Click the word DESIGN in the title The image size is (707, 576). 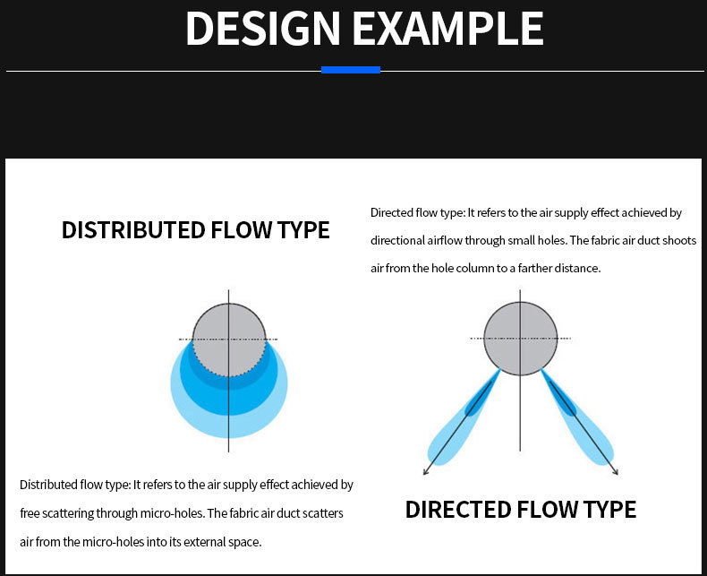pyautogui.click(x=262, y=29)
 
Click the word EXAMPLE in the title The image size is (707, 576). pyautogui.click(x=447, y=29)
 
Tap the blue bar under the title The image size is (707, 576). pyautogui.click(x=351, y=70)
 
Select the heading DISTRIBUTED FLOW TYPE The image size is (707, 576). pyautogui.click(x=196, y=229)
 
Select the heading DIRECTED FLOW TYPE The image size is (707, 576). pyautogui.click(x=521, y=510)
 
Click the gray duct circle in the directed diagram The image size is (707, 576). pyautogui.click(x=520, y=339)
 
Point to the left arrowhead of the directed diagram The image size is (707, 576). pyautogui.click(x=425, y=472)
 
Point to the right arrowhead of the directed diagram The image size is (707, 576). pyautogui.click(x=616, y=472)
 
